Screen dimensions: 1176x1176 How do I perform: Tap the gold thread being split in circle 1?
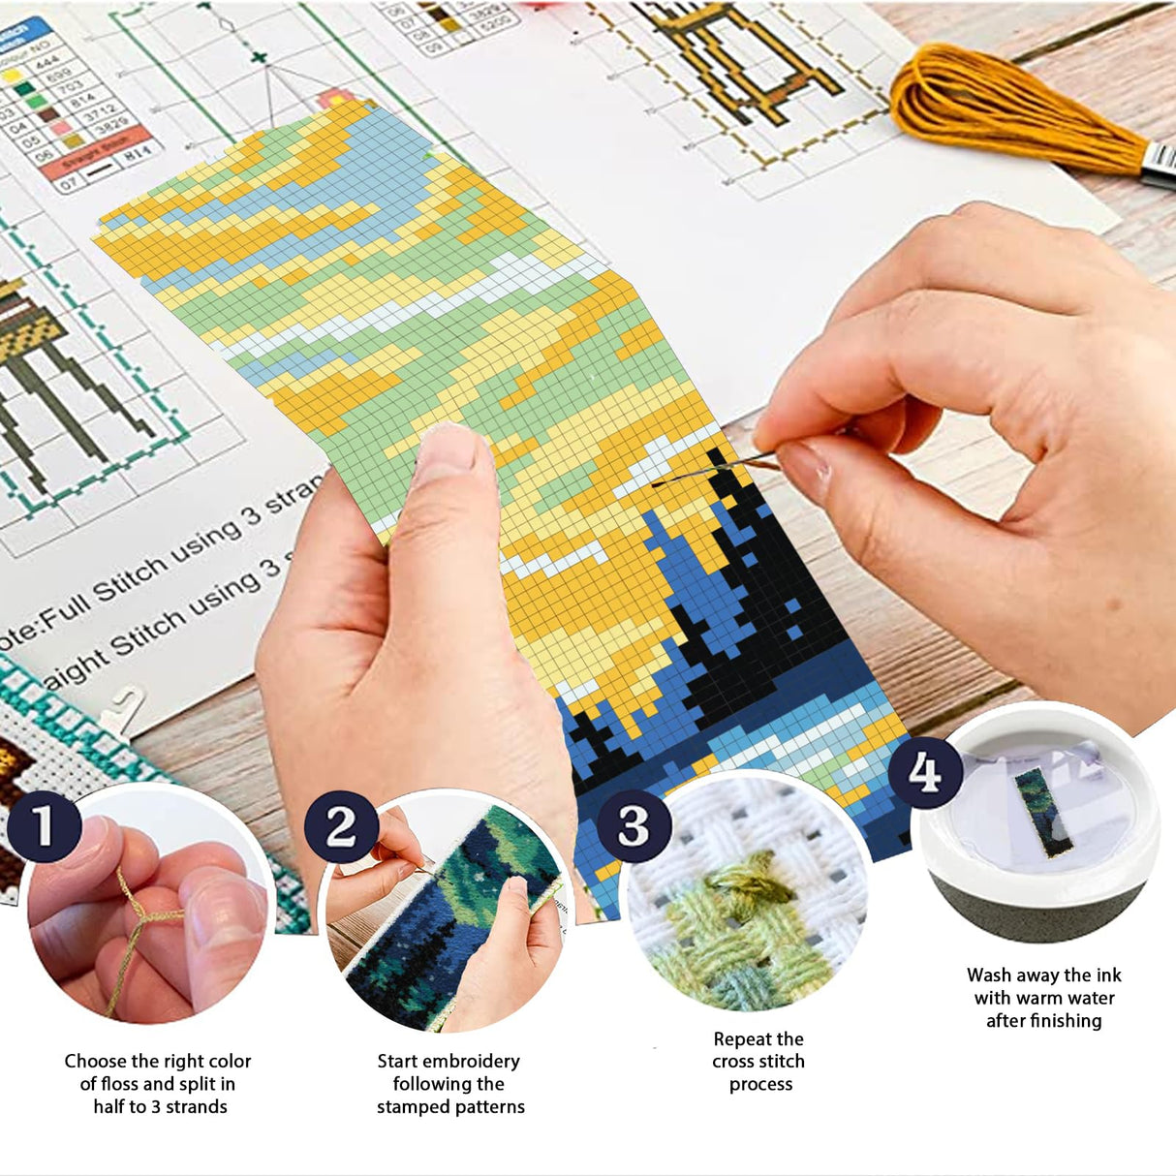[136, 925]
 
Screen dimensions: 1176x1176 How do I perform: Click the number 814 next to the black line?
[139, 153]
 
